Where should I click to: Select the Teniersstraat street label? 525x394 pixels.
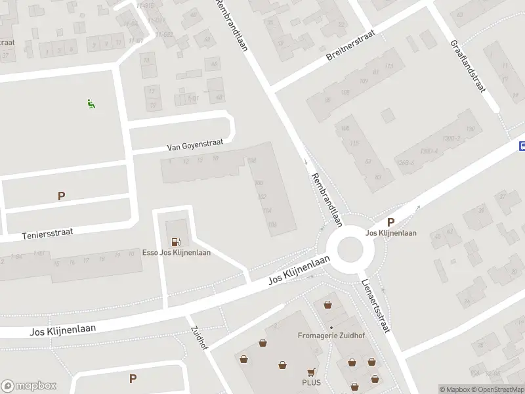[x=47, y=232]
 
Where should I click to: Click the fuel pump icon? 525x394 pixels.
[x=175, y=241]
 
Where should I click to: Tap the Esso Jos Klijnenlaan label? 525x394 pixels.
[x=177, y=253]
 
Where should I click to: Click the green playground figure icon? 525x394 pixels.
[x=91, y=103]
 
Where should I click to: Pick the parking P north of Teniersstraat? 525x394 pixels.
[x=62, y=196]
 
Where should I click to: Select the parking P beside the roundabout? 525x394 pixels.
[x=391, y=222]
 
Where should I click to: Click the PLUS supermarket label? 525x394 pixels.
[x=310, y=382]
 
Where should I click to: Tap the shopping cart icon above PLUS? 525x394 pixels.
[x=311, y=372]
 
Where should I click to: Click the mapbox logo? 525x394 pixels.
[x=29, y=386]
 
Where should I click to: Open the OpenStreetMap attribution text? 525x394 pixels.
[x=497, y=389]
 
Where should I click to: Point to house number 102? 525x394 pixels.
[x=262, y=196]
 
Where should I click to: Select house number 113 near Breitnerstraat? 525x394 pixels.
[x=389, y=66]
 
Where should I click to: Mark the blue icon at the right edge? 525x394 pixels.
[x=522, y=145]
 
